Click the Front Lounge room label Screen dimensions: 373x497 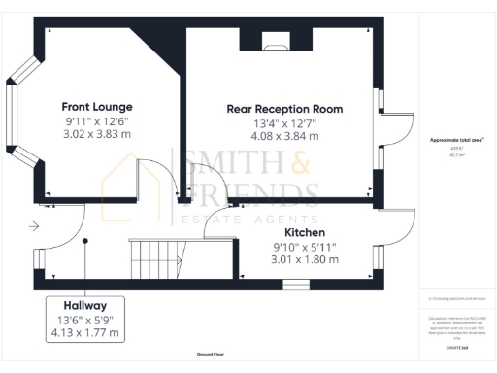pyautogui.click(x=97, y=106)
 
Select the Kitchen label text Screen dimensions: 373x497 pyautogui.click(x=304, y=233)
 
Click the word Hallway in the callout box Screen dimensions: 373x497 pyautogui.click(x=85, y=304)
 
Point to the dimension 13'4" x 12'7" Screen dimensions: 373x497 pyautogui.click(x=286, y=123)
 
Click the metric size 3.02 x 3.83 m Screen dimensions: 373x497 pyautogui.click(x=97, y=135)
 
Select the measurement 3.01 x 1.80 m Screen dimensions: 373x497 pyautogui.click(x=304, y=260)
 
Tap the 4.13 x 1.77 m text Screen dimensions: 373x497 pyautogui.click(x=85, y=332)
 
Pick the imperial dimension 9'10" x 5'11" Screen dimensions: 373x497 pyautogui.click(x=304, y=247)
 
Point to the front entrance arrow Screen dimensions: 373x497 pyautogui.click(x=34, y=227)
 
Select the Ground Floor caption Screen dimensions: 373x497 pyautogui.click(x=210, y=356)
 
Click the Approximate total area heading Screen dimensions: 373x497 pyautogui.click(x=456, y=140)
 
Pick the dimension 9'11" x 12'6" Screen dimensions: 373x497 pyautogui.click(x=97, y=120)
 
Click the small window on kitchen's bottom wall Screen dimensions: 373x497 pyautogui.click(x=302, y=285)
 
